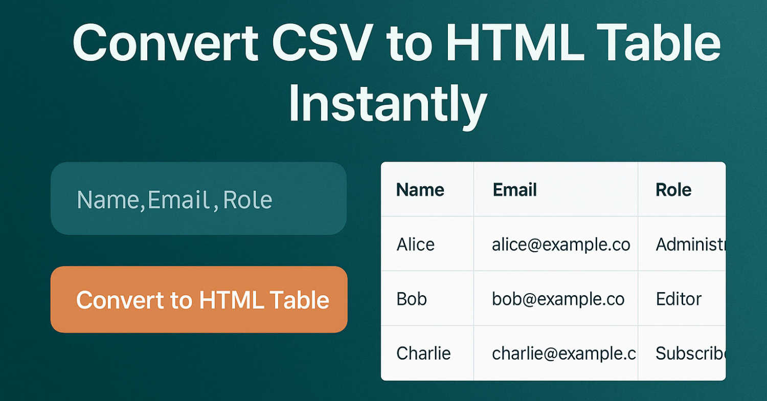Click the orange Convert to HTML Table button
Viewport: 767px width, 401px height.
199,299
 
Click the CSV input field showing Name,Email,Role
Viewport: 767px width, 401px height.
198,198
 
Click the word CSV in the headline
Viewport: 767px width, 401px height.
322,43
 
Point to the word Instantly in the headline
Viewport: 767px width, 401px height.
388,103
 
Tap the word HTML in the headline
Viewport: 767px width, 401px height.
515,43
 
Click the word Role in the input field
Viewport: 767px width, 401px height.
247,199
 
